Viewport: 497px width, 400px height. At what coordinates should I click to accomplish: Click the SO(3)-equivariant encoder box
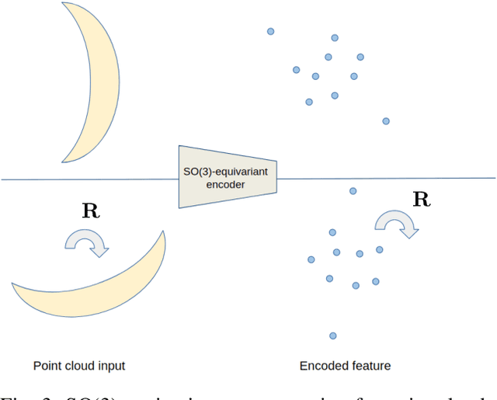tap(227, 177)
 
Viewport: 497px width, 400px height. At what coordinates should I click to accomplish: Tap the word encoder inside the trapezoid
tap(227, 185)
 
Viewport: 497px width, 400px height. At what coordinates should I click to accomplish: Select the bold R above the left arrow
tap(90, 212)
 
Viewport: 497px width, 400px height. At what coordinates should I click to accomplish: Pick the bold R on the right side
tap(421, 200)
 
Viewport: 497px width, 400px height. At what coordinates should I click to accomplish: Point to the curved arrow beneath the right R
tap(396, 224)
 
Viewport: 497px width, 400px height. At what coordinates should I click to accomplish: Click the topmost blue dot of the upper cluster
tap(270, 32)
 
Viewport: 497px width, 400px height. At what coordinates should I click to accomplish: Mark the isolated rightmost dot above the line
tap(385, 120)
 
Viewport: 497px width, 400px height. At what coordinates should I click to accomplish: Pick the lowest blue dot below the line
tap(332, 336)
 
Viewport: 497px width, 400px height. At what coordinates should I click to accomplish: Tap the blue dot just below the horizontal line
tap(353, 190)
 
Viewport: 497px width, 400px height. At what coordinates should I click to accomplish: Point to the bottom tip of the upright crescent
tap(63, 159)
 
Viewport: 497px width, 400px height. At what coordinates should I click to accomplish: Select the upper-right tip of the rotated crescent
tap(163, 232)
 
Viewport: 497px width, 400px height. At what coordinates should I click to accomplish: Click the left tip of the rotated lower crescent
tap(13, 285)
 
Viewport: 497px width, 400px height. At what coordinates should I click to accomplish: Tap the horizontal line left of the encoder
tap(85, 179)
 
